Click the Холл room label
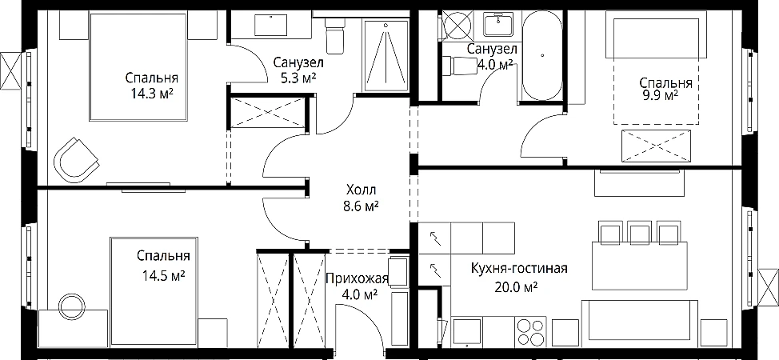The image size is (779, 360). (361, 190)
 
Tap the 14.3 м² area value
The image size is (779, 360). (152, 94)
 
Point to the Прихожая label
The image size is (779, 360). (357, 278)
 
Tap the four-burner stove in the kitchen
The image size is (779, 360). (530, 332)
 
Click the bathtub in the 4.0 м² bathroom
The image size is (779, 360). (542, 55)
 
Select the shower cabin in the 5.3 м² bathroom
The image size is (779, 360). (386, 54)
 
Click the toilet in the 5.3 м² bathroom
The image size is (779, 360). (334, 36)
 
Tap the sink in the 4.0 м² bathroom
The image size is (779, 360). (499, 24)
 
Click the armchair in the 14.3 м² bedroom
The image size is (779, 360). (76, 160)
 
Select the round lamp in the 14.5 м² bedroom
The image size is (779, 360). (69, 303)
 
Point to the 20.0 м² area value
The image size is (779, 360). (517, 287)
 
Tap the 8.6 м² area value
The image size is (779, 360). (362, 206)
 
